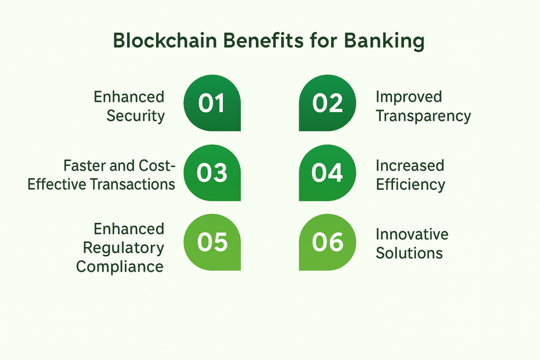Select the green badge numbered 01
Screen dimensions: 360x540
[x=212, y=103]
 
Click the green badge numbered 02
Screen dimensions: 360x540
[x=327, y=103]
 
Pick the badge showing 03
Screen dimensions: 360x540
[x=212, y=172]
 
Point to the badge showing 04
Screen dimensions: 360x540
[x=327, y=172]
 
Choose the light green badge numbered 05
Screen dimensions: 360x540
[x=212, y=242]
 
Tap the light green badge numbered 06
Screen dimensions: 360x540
[x=327, y=242]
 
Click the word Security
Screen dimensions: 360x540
[x=136, y=116]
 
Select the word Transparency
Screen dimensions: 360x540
[x=423, y=116]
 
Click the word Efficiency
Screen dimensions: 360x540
[x=410, y=184]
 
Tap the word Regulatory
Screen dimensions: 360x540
[x=124, y=247]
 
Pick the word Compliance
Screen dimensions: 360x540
[x=120, y=266]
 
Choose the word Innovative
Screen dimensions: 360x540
[x=412, y=234]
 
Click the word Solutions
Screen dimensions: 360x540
[x=409, y=253]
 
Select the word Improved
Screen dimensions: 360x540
[x=409, y=98]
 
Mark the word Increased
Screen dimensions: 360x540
[x=410, y=166]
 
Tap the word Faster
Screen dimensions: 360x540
[x=84, y=166]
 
